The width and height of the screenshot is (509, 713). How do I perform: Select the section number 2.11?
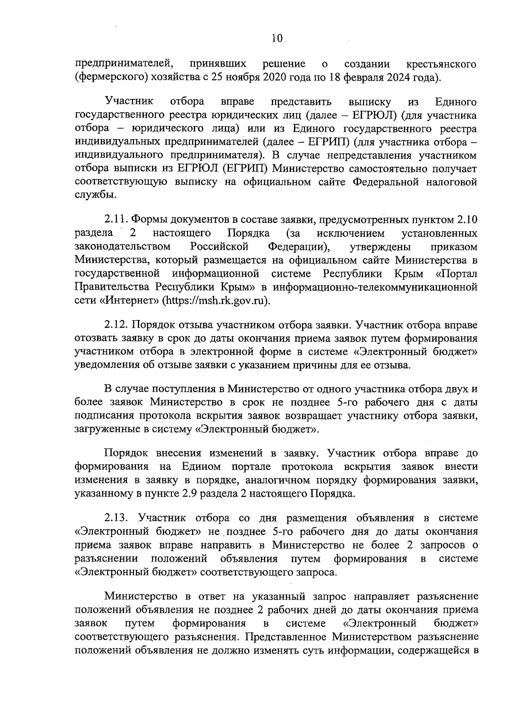click(x=116, y=219)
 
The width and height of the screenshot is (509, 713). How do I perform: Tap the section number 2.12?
click(x=116, y=325)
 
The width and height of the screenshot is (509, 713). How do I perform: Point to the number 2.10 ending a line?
click(x=467, y=219)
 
